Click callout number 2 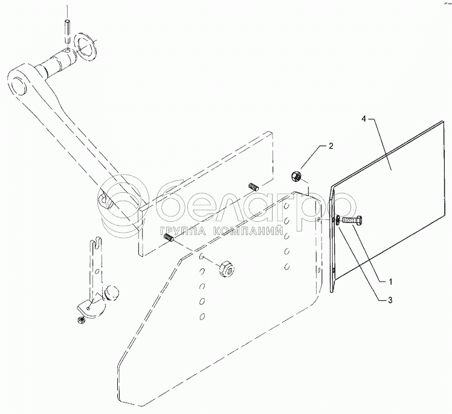(331, 146)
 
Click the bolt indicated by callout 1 (352, 221)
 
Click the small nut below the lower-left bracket (79, 318)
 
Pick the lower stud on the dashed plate (170, 241)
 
